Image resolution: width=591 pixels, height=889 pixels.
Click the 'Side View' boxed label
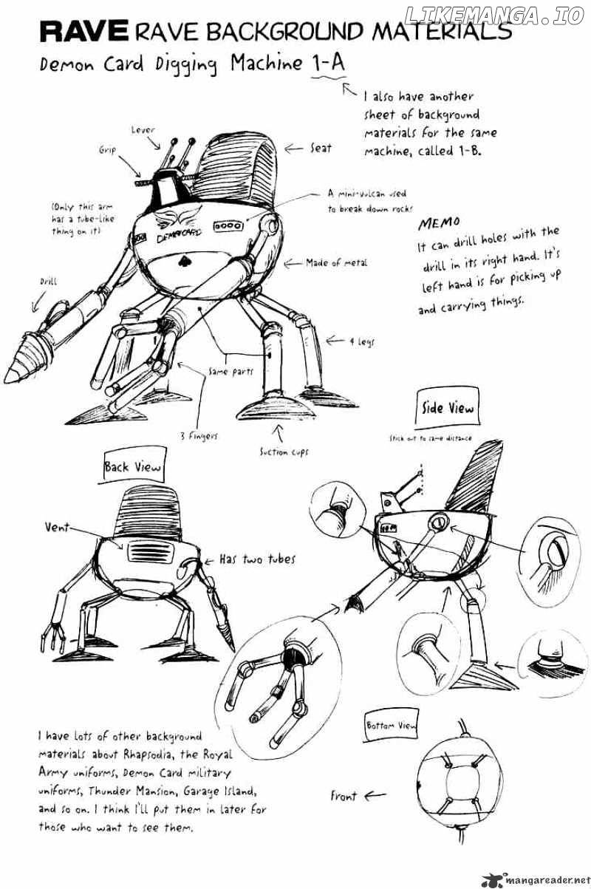447,407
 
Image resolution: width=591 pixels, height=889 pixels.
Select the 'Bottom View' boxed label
391,726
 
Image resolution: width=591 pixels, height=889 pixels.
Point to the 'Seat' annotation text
321,149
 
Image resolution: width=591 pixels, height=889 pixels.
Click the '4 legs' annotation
362,341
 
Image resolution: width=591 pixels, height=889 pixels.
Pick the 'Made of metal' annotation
336,262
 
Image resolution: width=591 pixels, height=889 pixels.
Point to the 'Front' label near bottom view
344,796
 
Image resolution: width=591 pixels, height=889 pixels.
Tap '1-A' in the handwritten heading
327,65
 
